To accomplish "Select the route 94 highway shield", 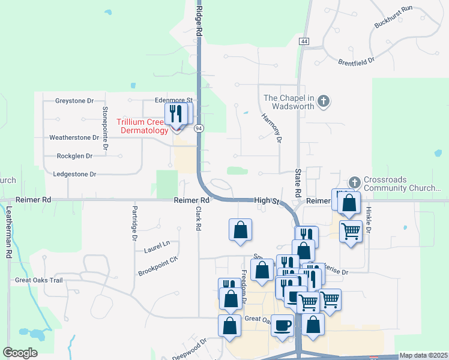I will pyautogui.click(x=199, y=128).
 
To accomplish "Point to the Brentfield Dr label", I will pyautogui.click(x=356, y=61).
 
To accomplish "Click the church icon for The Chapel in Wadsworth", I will pyautogui.click(x=324, y=101).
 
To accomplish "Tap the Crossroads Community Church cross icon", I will pyautogui.click(x=354, y=182).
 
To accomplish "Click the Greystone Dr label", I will pyautogui.click(x=74, y=101).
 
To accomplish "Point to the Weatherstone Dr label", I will pyautogui.click(x=74, y=137).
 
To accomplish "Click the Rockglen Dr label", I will pyautogui.click(x=74, y=156).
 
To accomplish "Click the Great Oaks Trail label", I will pyautogui.click(x=39, y=280).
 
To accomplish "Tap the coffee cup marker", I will pyautogui.click(x=283, y=325).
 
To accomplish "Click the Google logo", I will pyautogui.click(x=20, y=353).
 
